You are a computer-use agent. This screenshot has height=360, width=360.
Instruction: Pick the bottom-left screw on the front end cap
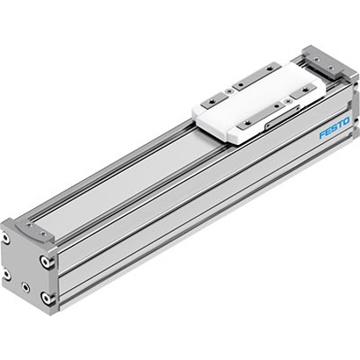click(x=7, y=273)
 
